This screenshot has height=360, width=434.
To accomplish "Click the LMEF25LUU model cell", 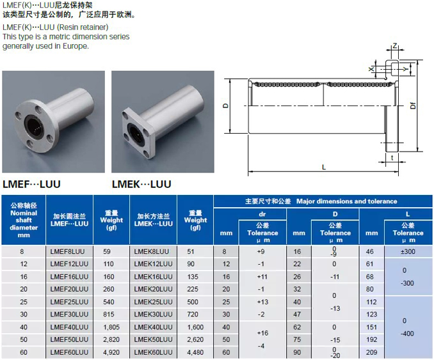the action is (69, 302).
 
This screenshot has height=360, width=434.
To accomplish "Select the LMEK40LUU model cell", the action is (153, 327).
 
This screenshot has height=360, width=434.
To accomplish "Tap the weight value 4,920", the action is (111, 352).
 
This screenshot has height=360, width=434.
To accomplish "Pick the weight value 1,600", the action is (195, 327).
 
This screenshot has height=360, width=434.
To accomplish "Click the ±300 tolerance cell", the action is (408, 251).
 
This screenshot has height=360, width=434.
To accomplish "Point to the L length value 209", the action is (371, 352).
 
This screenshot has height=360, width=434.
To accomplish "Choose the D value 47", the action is (297, 315).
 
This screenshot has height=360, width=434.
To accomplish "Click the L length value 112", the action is (371, 302).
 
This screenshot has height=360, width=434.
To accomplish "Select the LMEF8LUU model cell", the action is (68, 251).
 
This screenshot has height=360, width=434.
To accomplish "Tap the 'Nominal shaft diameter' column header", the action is (24, 220).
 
